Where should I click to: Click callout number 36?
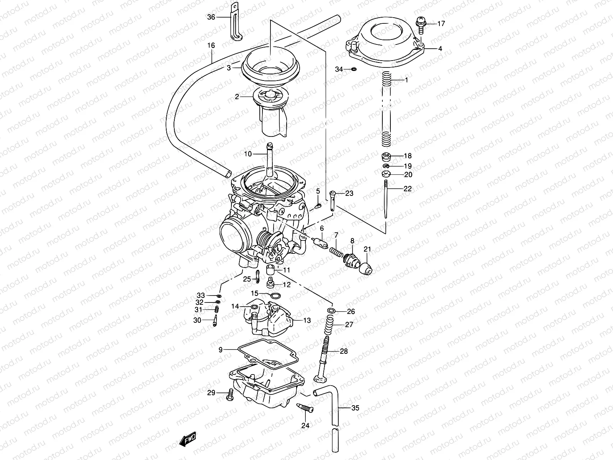[211, 17]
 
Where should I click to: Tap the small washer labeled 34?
[353, 69]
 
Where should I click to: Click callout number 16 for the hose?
[211, 46]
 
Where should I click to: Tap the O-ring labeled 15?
[275, 296]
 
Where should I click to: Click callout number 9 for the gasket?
[221, 349]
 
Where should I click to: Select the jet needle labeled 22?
[386, 203]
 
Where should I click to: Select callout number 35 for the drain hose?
[355, 408]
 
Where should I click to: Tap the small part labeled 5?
[318, 207]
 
